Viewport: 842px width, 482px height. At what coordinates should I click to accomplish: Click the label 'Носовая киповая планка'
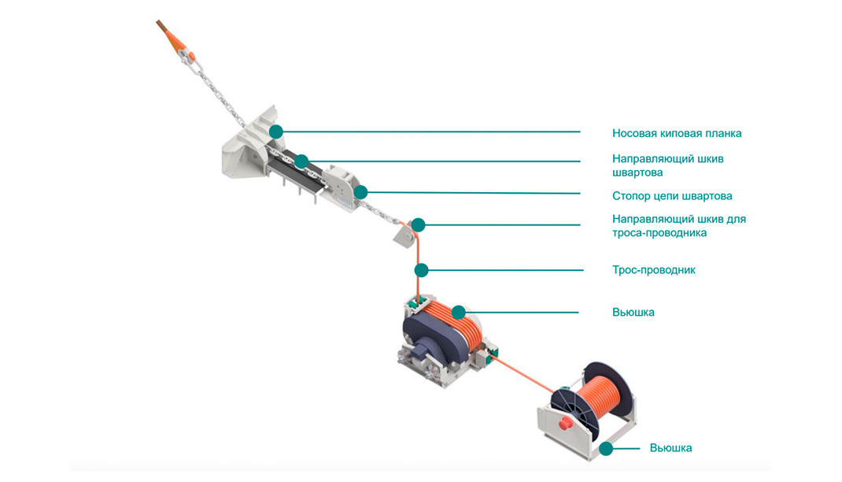tap(677, 133)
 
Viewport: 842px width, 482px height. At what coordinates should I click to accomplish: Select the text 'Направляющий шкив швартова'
tap(667, 165)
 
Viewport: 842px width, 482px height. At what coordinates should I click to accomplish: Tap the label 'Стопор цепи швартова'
tap(672, 196)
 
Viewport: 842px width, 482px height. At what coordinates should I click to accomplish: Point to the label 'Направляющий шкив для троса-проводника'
tap(679, 226)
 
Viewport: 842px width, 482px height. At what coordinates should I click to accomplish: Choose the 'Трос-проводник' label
tap(653, 270)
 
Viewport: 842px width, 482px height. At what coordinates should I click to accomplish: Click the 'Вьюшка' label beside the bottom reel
tap(670, 447)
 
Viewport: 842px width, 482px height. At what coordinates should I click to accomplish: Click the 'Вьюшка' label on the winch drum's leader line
tap(633, 312)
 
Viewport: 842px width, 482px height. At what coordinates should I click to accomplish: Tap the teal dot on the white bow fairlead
tap(276, 132)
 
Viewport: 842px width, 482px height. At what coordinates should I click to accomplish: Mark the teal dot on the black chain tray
tap(301, 161)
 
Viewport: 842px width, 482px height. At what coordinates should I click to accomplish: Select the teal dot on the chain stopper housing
tap(360, 192)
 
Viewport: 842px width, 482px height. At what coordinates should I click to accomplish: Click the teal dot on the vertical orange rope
tap(422, 270)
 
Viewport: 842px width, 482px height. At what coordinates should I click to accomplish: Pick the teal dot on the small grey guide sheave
tap(418, 225)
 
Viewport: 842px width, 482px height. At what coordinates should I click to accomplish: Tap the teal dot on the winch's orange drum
tap(458, 312)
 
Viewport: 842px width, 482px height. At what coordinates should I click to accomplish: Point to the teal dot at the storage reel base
tap(606, 448)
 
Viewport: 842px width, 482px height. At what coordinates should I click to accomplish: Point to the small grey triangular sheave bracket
tap(403, 235)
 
